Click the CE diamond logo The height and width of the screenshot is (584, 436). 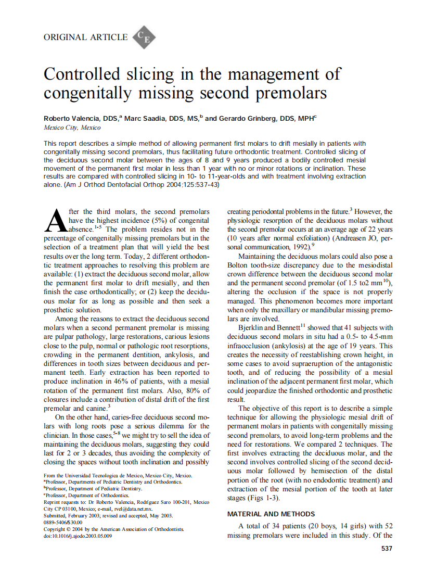tap(144, 37)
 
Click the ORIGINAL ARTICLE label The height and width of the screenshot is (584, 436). tap(85, 37)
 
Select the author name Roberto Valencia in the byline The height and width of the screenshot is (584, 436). tap(72, 119)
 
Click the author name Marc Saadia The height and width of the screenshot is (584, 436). tap(144, 119)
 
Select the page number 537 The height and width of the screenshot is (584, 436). tap(387, 548)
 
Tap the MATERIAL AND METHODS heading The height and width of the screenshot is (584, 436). tap(271, 514)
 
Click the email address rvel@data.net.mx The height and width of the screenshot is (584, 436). tap(134, 509)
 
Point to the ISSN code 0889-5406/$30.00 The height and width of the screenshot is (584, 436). tap(63, 522)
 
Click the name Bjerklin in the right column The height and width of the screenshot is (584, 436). tap(250, 327)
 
